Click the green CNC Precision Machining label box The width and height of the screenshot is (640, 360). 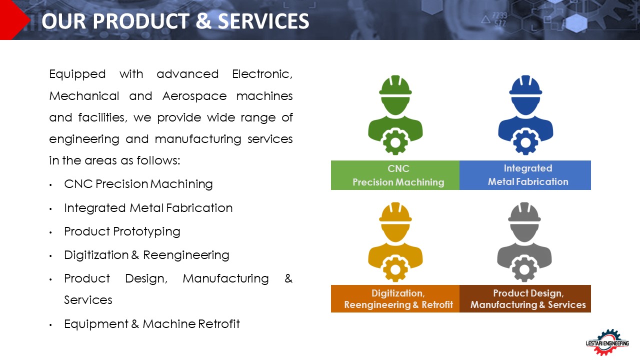coord(395,175)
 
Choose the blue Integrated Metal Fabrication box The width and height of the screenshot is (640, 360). coord(525,175)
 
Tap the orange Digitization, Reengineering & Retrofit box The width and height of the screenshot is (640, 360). coord(395,298)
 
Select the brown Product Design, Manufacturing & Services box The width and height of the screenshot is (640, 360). coord(525,298)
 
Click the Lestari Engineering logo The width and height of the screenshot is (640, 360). coord(607,342)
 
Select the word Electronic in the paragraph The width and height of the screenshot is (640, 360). coord(262,74)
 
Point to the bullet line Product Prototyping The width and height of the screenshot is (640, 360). coord(122,231)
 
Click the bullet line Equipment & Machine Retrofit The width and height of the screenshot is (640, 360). coord(152,324)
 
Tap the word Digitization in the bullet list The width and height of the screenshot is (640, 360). coord(96,255)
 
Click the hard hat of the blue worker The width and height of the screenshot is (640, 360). coord(525,85)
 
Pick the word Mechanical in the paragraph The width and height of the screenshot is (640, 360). coord(84,96)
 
